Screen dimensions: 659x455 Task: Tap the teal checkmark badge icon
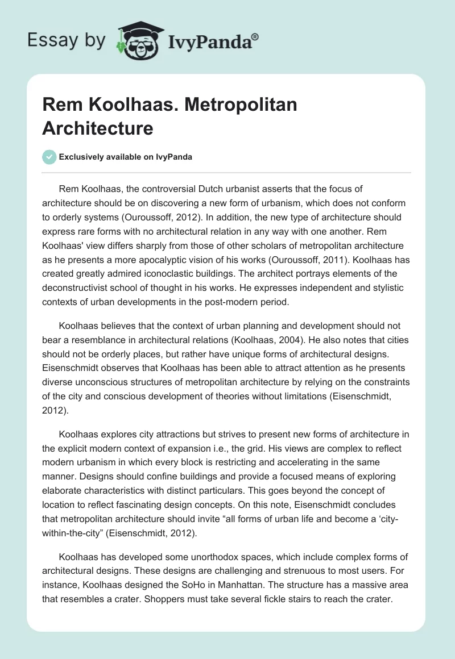click(x=49, y=157)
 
